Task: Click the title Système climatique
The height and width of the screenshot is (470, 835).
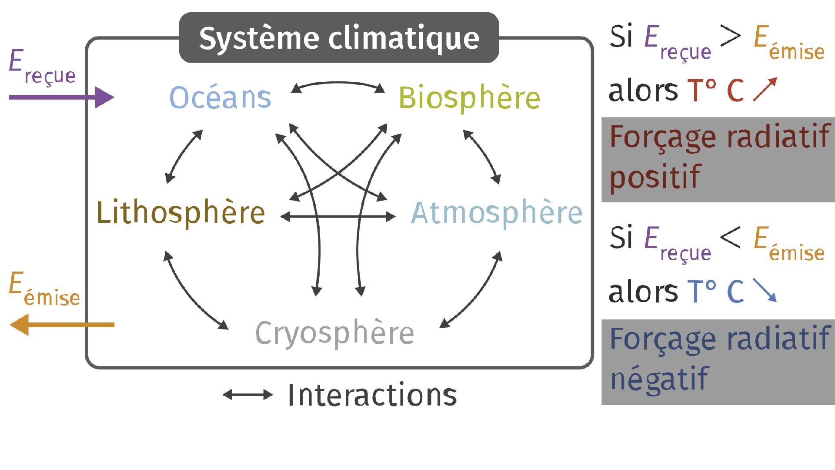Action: pyautogui.click(x=339, y=38)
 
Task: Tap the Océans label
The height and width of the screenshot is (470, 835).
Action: pyautogui.click(x=220, y=97)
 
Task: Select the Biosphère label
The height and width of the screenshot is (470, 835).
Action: pyautogui.click(x=469, y=98)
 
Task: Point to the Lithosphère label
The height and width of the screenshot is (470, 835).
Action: pyautogui.click(x=180, y=212)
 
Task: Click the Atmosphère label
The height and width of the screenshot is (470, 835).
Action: pyautogui.click(x=497, y=213)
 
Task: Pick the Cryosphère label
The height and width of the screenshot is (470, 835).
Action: pyautogui.click(x=334, y=333)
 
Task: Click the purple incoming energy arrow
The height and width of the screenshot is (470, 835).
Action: pyautogui.click(x=61, y=97)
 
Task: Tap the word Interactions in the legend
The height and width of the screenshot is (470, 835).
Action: pyautogui.click(x=372, y=395)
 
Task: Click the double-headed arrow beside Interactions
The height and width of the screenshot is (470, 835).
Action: pyautogui.click(x=248, y=395)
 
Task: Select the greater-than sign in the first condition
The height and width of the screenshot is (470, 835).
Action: pyautogui.click(x=730, y=36)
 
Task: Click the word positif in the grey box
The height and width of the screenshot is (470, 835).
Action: pyautogui.click(x=655, y=177)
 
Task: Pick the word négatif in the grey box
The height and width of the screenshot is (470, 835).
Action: pyautogui.click(x=659, y=378)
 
